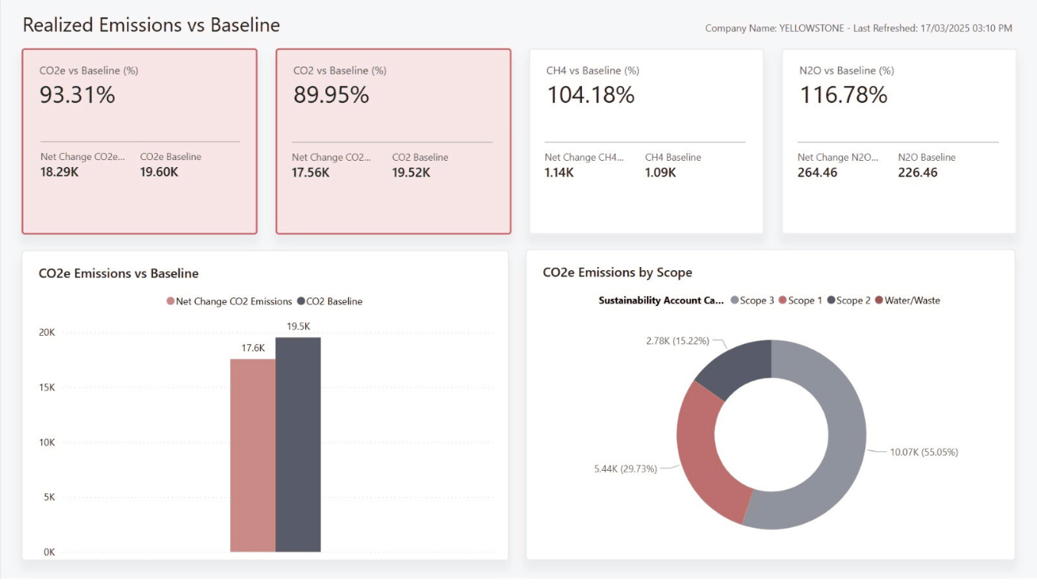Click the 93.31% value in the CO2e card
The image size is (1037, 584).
(77, 95)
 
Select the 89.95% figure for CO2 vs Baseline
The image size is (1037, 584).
(331, 95)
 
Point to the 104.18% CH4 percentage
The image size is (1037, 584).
(590, 95)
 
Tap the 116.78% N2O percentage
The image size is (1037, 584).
(843, 95)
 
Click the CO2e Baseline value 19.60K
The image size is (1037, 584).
(159, 173)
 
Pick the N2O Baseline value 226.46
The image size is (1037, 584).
(918, 173)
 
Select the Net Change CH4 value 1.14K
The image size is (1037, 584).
(559, 173)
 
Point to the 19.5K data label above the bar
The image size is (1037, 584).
(298, 326)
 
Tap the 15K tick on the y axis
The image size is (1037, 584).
(48, 387)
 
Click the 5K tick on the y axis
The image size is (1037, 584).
(50, 497)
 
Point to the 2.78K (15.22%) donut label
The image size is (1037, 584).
(678, 341)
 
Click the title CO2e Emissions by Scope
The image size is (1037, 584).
(617, 272)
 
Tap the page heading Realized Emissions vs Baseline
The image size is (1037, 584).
(151, 25)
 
